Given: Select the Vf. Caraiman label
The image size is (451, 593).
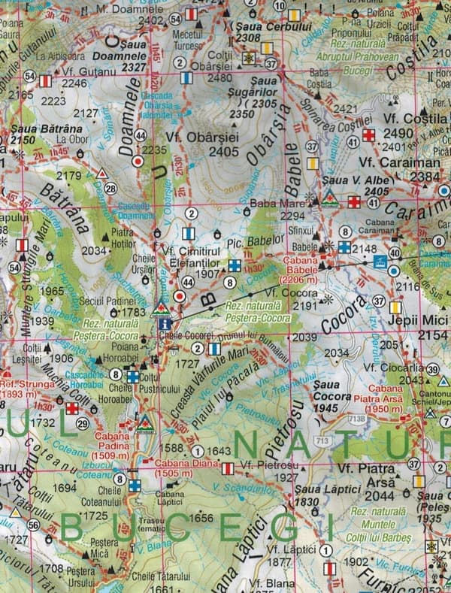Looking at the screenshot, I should [388, 162].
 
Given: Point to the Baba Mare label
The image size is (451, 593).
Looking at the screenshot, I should [272, 202].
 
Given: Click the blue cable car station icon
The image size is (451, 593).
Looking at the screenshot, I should [380, 261].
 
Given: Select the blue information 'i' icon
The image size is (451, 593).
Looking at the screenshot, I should [165, 323].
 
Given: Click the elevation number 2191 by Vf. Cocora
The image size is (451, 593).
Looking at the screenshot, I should [305, 306].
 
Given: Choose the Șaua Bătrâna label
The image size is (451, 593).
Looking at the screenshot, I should [33, 134].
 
